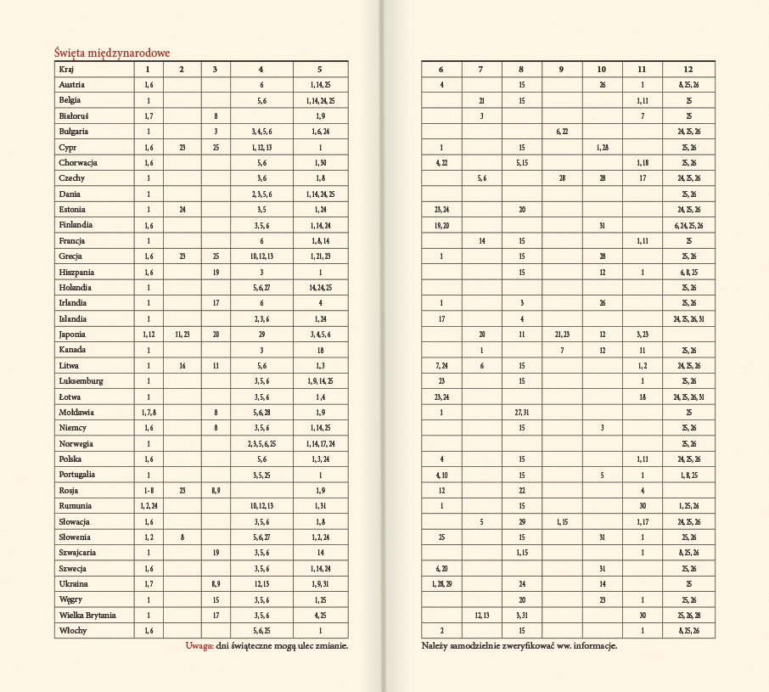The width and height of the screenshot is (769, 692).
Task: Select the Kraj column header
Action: coord(66,69)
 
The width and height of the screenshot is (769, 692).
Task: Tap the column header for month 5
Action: coord(320,69)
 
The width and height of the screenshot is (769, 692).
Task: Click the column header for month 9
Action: coord(561,69)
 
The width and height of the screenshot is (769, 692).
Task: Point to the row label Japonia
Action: coord(73,334)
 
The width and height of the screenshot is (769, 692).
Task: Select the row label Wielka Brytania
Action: coord(87,614)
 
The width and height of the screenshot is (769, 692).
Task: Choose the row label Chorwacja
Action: coord(79,162)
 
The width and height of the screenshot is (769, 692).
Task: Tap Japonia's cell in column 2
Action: coord(182,334)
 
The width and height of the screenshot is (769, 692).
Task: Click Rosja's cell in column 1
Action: coord(149,490)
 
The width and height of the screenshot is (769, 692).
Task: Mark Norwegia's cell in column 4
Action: coord(261,443)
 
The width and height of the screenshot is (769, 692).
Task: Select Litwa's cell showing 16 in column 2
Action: coord(182,365)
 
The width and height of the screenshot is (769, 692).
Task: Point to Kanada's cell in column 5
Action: coord(320,350)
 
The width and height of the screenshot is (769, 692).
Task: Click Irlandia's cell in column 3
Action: coord(216,303)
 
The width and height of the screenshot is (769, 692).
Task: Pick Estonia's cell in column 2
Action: coord(182,209)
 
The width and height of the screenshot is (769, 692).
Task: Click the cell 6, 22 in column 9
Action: coord(561,131)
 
